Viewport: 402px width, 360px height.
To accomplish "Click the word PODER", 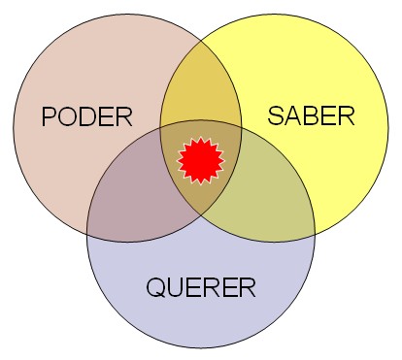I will click(x=86, y=118).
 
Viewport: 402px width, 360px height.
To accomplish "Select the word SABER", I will click(x=311, y=117).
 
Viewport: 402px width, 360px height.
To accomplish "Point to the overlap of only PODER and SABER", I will click(x=201, y=92).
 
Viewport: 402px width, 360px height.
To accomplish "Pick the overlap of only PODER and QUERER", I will click(x=136, y=189).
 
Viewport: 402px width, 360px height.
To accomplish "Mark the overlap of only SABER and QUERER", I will click(x=264, y=189).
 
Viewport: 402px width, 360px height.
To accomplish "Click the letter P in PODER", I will click(x=50, y=118).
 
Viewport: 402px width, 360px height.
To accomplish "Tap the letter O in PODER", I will click(x=69, y=118).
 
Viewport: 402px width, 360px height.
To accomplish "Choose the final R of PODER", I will click(x=123, y=118).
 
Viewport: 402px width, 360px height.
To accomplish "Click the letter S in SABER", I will click(x=276, y=117).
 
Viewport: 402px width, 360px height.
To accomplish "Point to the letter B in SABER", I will click(x=312, y=117).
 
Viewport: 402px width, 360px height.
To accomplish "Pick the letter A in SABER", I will click(x=293, y=117).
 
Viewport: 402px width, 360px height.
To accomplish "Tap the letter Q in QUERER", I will click(x=155, y=287).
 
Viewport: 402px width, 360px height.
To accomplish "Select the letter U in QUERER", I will click(x=175, y=287).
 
